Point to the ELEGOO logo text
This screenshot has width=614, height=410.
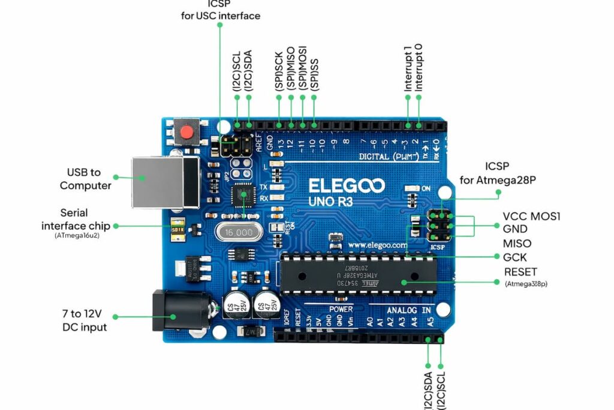click(x=347, y=185)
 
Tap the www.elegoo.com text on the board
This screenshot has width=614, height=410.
click(x=378, y=245)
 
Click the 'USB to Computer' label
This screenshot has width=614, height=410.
click(x=85, y=179)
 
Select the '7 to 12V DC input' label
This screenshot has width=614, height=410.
click(x=85, y=321)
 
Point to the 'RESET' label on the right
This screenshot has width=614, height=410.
click(x=520, y=272)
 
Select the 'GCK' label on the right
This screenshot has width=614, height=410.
click(x=514, y=257)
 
